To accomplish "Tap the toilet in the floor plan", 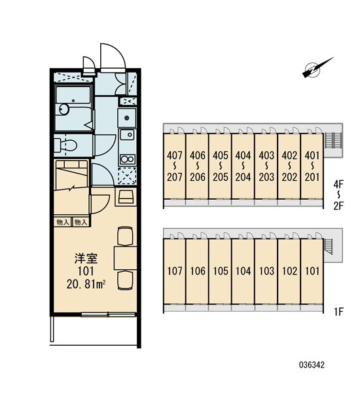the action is pyautogui.click(x=65, y=145).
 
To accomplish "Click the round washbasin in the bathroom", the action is pyautogui.click(x=64, y=109).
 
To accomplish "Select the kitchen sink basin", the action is pyautogui.click(x=127, y=135).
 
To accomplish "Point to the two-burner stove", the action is pyautogui.click(x=127, y=159).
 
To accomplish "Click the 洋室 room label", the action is pyautogui.click(x=86, y=259).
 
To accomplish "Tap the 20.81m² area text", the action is pyautogui.click(x=86, y=284).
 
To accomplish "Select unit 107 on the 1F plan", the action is pyautogui.click(x=174, y=271).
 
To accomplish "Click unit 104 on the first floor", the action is pyautogui.click(x=243, y=271).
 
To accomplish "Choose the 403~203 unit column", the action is pyautogui.click(x=266, y=166).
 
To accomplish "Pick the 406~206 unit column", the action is pyautogui.click(x=198, y=166).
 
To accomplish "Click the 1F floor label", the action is pyautogui.click(x=338, y=312).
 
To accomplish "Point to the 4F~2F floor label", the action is pyautogui.click(x=338, y=195).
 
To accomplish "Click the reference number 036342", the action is pyautogui.click(x=312, y=365).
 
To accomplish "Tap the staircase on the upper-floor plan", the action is pyautogui.click(x=333, y=140).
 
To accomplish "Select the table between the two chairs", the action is pyautogui.click(x=125, y=258).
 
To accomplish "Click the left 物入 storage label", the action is pyautogui.click(x=63, y=222).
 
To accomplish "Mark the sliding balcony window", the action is pyautogui.click(x=108, y=314).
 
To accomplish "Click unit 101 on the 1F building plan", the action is pyautogui.click(x=312, y=271).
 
